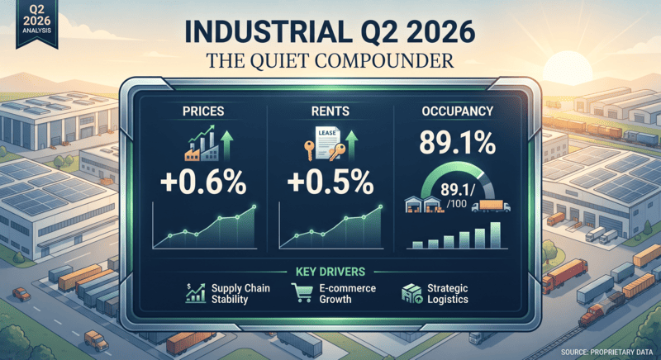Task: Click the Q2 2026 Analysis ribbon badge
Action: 36,24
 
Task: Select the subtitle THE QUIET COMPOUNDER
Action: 330,60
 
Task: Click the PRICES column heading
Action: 203,111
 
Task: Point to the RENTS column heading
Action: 330,111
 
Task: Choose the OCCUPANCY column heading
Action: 458,111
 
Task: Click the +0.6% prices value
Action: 203,182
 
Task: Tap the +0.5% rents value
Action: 330,182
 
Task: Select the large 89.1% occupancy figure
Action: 458,143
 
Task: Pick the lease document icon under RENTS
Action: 325,144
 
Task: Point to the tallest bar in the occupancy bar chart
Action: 495,235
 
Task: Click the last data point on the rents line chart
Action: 380,206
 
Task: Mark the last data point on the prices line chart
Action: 254,206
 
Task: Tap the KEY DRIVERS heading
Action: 330,272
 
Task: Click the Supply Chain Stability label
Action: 240,294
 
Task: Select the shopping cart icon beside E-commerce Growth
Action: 302,292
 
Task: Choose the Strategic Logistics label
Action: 448,294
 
